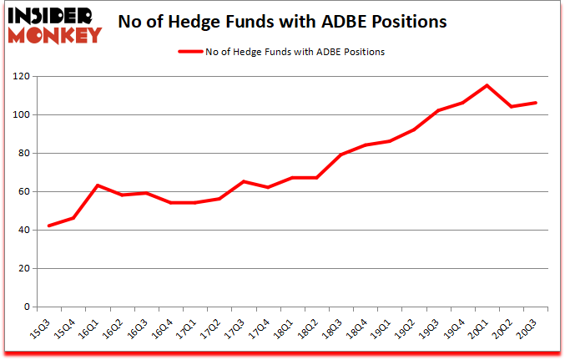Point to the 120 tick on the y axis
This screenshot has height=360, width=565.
coord(19,77)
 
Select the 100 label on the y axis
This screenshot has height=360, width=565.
coord(19,115)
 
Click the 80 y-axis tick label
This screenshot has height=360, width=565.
coord(23,154)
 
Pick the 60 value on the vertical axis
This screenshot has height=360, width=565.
coord(23,192)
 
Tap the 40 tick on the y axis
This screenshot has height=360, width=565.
coord(23,231)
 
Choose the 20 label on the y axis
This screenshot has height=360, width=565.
coord(23,269)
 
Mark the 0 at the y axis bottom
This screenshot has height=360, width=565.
coord(26,307)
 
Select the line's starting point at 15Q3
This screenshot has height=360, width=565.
coord(49,226)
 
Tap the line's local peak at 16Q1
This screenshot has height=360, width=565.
coord(98,185)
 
